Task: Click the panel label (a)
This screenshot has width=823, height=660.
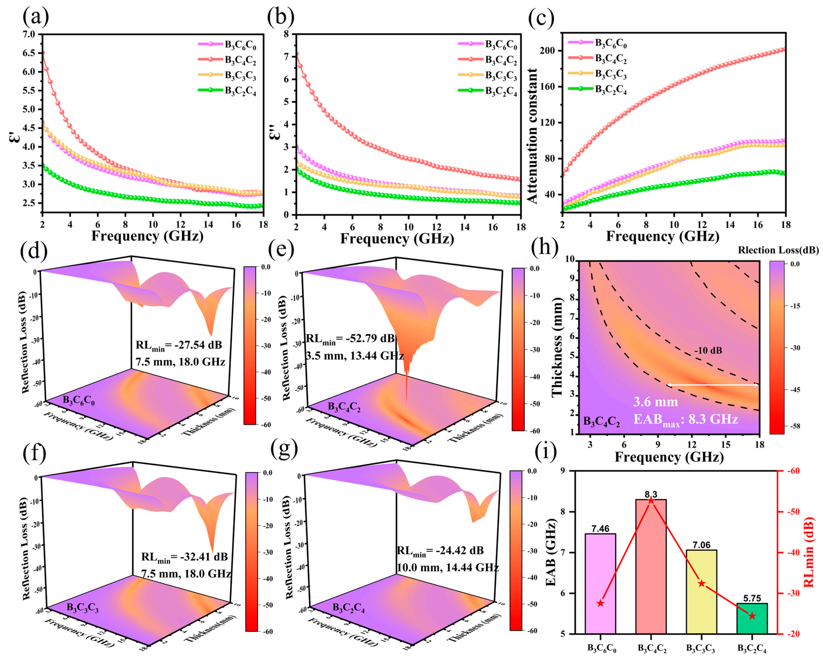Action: [x=35, y=17]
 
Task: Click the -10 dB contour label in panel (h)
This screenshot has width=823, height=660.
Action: [x=708, y=350]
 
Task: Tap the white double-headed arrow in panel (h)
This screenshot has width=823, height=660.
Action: [x=713, y=385]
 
